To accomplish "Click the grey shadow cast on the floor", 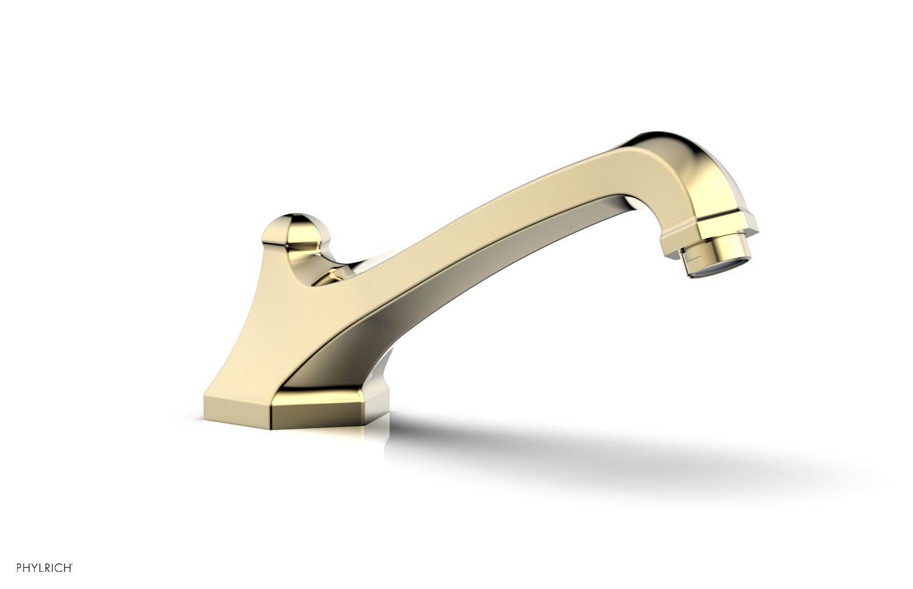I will (599, 451).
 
